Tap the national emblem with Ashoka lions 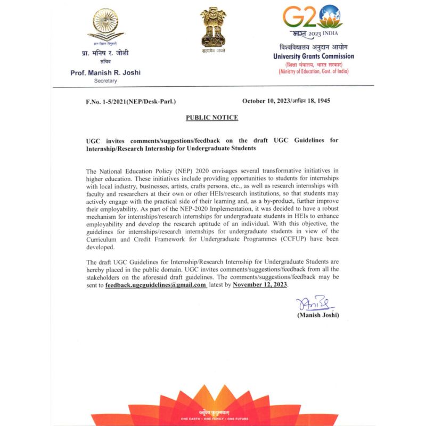(x=213, y=26)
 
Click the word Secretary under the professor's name (x=105, y=81)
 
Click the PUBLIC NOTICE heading (x=212, y=117)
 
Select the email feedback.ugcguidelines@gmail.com (x=155, y=285)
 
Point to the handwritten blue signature (x=314, y=304)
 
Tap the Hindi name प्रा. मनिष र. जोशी (x=105, y=53)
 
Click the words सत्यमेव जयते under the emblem (x=213, y=51)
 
